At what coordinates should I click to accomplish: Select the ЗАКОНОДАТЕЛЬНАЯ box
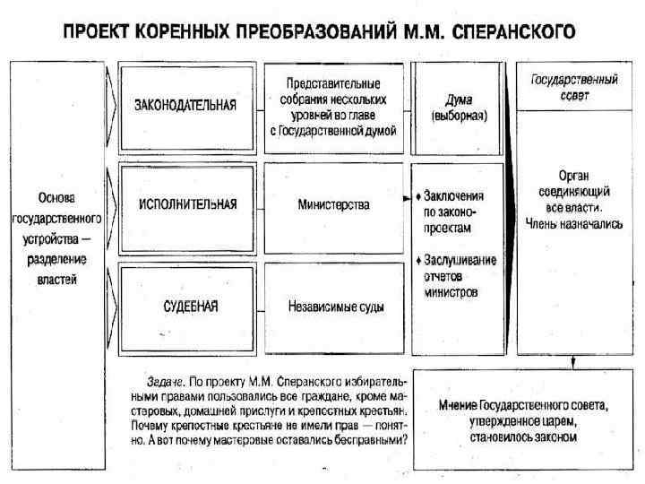[185, 105]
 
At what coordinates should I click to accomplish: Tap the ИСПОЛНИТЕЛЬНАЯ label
[187, 204]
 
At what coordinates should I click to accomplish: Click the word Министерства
[333, 204]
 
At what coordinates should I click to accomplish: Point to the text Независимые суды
[336, 307]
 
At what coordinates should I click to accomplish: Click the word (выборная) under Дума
[459, 116]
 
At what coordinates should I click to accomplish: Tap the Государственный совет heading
[574, 87]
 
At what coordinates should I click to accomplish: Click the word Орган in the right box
[574, 177]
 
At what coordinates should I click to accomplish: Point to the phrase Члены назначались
[574, 224]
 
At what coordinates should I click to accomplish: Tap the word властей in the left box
[56, 279]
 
